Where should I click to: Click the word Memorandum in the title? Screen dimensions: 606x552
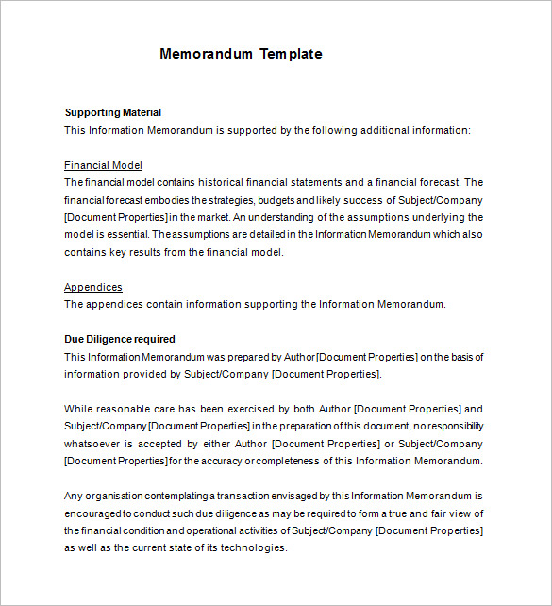(203, 54)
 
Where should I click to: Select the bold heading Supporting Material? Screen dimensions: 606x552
(112, 112)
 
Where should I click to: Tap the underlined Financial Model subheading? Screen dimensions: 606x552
(103, 165)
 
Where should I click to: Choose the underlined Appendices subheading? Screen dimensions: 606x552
(92, 287)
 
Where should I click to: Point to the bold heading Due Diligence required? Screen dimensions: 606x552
(120, 339)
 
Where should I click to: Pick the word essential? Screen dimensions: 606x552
(122, 234)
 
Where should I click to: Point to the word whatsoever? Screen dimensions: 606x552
(95, 443)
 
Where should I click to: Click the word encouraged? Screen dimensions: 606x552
(92, 513)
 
